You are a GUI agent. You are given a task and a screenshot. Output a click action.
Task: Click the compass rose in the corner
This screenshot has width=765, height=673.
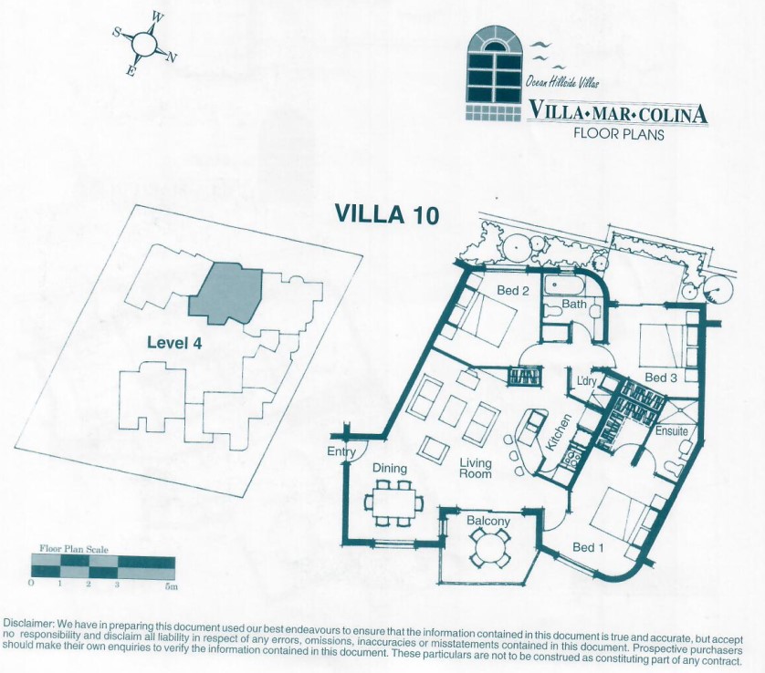coord(145,44)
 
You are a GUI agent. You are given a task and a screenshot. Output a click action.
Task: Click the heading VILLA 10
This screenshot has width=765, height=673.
coord(386,214)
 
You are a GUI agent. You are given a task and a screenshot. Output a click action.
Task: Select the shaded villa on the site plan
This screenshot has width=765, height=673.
coord(225,295)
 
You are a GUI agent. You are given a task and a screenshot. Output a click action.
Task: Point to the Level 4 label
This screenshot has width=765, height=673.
coord(174,343)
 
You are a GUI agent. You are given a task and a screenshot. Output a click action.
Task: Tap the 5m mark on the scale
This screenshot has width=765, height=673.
coord(171,586)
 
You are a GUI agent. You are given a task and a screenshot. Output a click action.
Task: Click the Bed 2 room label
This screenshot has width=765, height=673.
coord(513,291)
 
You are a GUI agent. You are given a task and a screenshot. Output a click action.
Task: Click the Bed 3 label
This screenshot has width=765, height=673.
coord(661,378)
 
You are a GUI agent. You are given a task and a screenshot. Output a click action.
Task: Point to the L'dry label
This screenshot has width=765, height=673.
coord(586,380)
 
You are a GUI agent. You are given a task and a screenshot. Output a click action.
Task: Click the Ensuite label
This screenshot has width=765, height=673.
coord(671,430)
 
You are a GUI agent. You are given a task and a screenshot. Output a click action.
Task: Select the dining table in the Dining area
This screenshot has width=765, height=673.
coord(394,503)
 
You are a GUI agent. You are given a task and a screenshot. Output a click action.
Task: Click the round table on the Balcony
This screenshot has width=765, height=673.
coord(489,548)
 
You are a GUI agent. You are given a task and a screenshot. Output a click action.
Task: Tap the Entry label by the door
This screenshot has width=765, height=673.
coord(341,451)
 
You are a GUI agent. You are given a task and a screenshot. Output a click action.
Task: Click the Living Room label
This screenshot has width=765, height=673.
coord(476,468)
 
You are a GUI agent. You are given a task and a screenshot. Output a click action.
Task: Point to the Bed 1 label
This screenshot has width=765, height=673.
coord(588,547)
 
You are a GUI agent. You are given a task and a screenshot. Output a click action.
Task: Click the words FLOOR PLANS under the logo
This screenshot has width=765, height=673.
coord(619,133)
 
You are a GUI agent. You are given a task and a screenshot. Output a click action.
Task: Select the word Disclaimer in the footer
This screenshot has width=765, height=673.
coord(28,625)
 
